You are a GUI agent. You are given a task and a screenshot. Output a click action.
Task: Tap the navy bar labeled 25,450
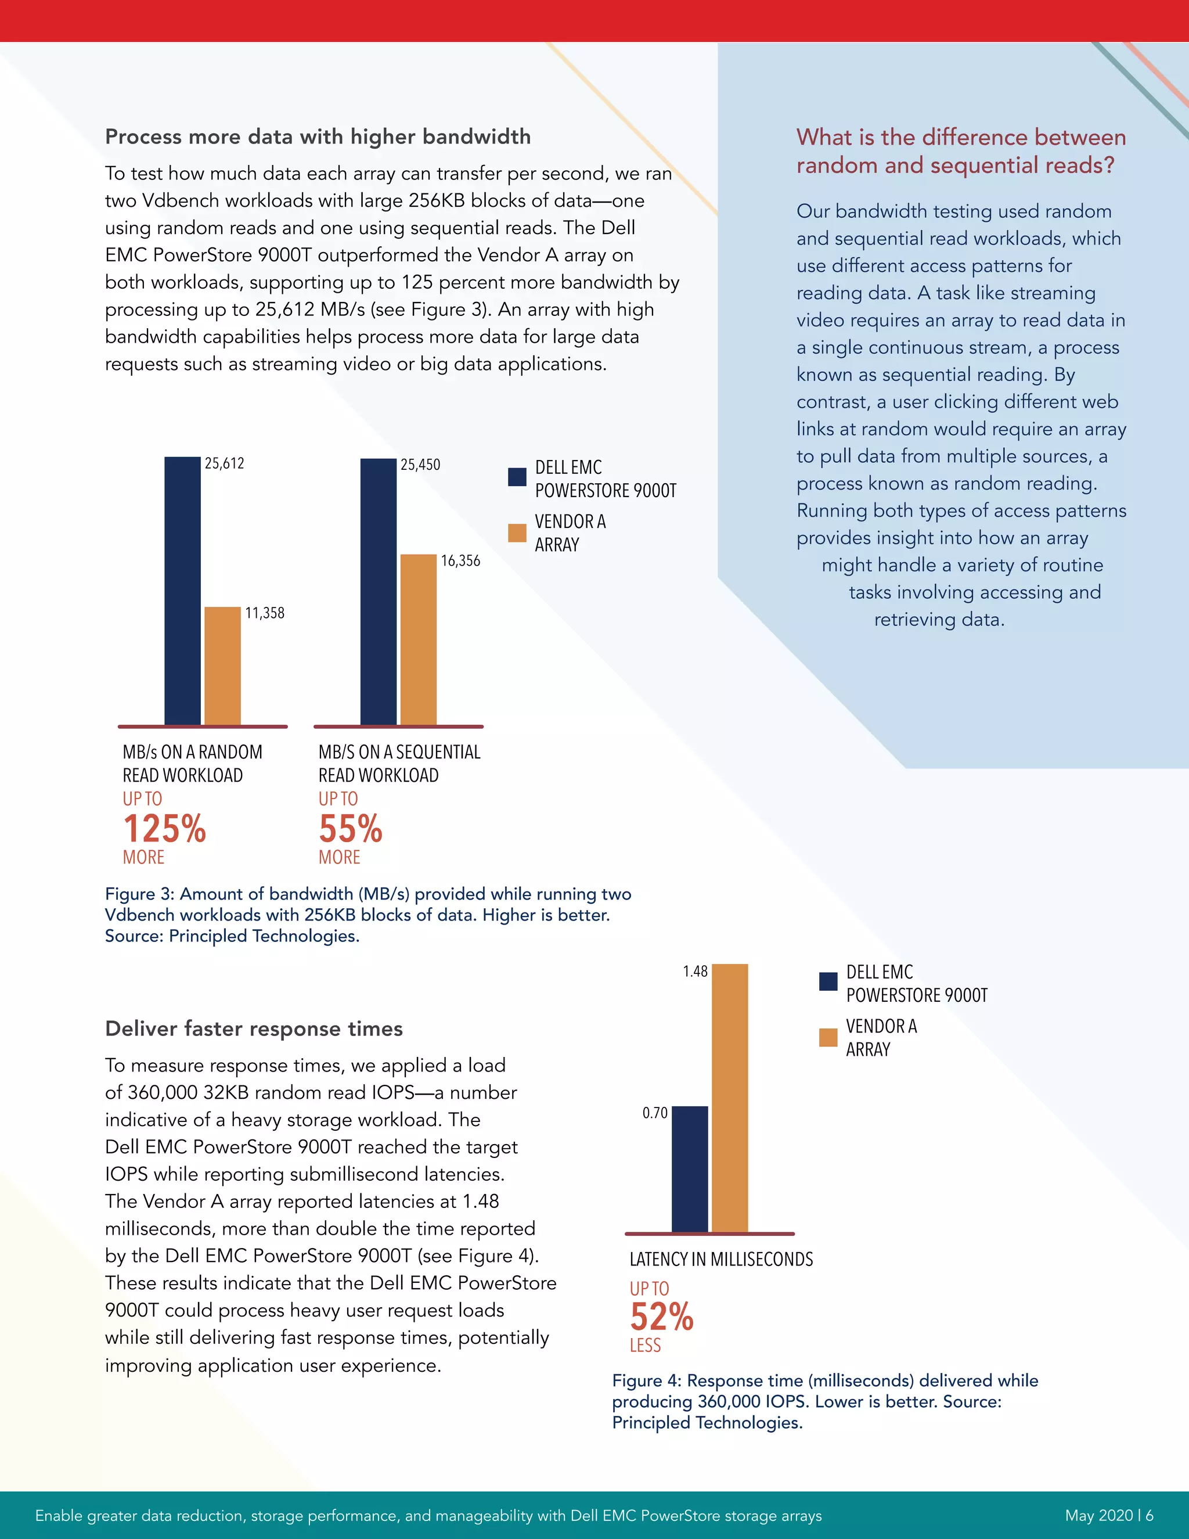[x=379, y=591]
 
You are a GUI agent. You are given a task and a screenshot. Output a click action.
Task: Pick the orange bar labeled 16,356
[x=419, y=639]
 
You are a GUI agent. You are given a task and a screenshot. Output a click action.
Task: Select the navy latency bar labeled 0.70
[x=690, y=1169]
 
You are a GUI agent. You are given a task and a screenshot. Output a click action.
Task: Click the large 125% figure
[x=164, y=829]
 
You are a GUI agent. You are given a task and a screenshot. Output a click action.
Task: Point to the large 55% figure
[x=350, y=829]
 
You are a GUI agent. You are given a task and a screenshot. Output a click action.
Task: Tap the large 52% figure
[x=661, y=1317]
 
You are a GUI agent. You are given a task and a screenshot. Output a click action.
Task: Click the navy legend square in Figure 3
[x=517, y=477]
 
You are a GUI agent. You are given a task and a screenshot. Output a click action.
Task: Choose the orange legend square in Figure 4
[x=828, y=1037]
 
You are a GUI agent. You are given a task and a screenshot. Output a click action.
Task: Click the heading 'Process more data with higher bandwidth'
[x=318, y=136]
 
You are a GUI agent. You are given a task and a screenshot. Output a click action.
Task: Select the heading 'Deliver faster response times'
[x=254, y=1029]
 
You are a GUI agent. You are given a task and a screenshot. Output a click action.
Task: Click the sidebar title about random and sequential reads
[x=961, y=151]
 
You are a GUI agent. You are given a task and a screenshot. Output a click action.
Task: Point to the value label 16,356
[x=460, y=561]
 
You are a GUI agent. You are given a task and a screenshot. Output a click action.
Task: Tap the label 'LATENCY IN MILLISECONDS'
[x=720, y=1259]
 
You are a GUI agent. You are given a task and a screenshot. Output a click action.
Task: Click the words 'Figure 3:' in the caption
[x=139, y=894]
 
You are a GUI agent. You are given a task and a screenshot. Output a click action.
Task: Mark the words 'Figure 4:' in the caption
[x=646, y=1380]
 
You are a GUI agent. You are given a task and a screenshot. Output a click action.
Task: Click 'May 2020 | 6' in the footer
[x=1109, y=1515]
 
